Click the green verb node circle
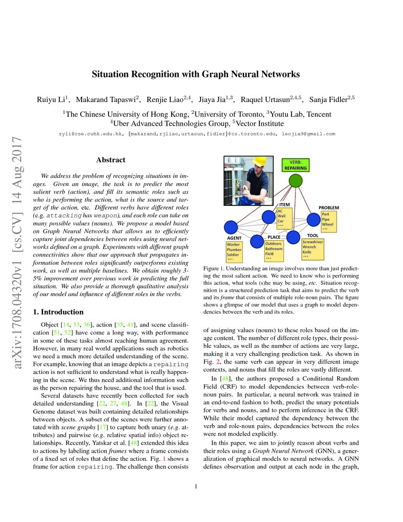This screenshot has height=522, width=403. pyautogui.click(x=296, y=181)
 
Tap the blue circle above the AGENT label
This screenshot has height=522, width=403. pyautogui.click(x=230, y=227)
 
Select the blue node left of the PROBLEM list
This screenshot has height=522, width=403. pyautogui.click(x=313, y=219)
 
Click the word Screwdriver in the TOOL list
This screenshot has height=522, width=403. pyautogui.click(x=313, y=242)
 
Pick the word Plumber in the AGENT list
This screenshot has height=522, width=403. pyautogui.click(x=234, y=250)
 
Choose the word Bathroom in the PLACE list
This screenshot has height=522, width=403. pyautogui.click(x=274, y=249)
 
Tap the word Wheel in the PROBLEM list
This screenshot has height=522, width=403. pyautogui.click(x=328, y=224)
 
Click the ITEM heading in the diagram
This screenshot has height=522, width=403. pyautogui.click(x=284, y=205)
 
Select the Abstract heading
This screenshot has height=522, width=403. pyautogui.click(x=110, y=160)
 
